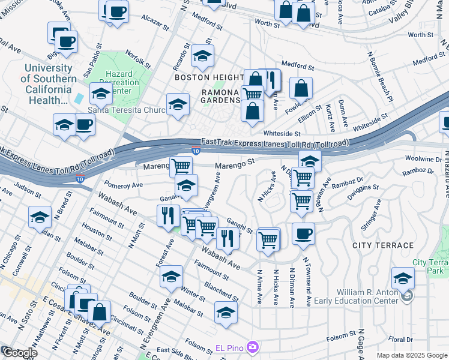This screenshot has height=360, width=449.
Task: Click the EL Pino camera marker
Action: [x=253, y=347]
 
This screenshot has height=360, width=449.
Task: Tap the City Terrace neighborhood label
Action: [x=383, y=245]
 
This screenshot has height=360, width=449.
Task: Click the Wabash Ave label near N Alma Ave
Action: [x=223, y=259]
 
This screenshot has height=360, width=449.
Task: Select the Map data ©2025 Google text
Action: [x=412, y=355]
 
